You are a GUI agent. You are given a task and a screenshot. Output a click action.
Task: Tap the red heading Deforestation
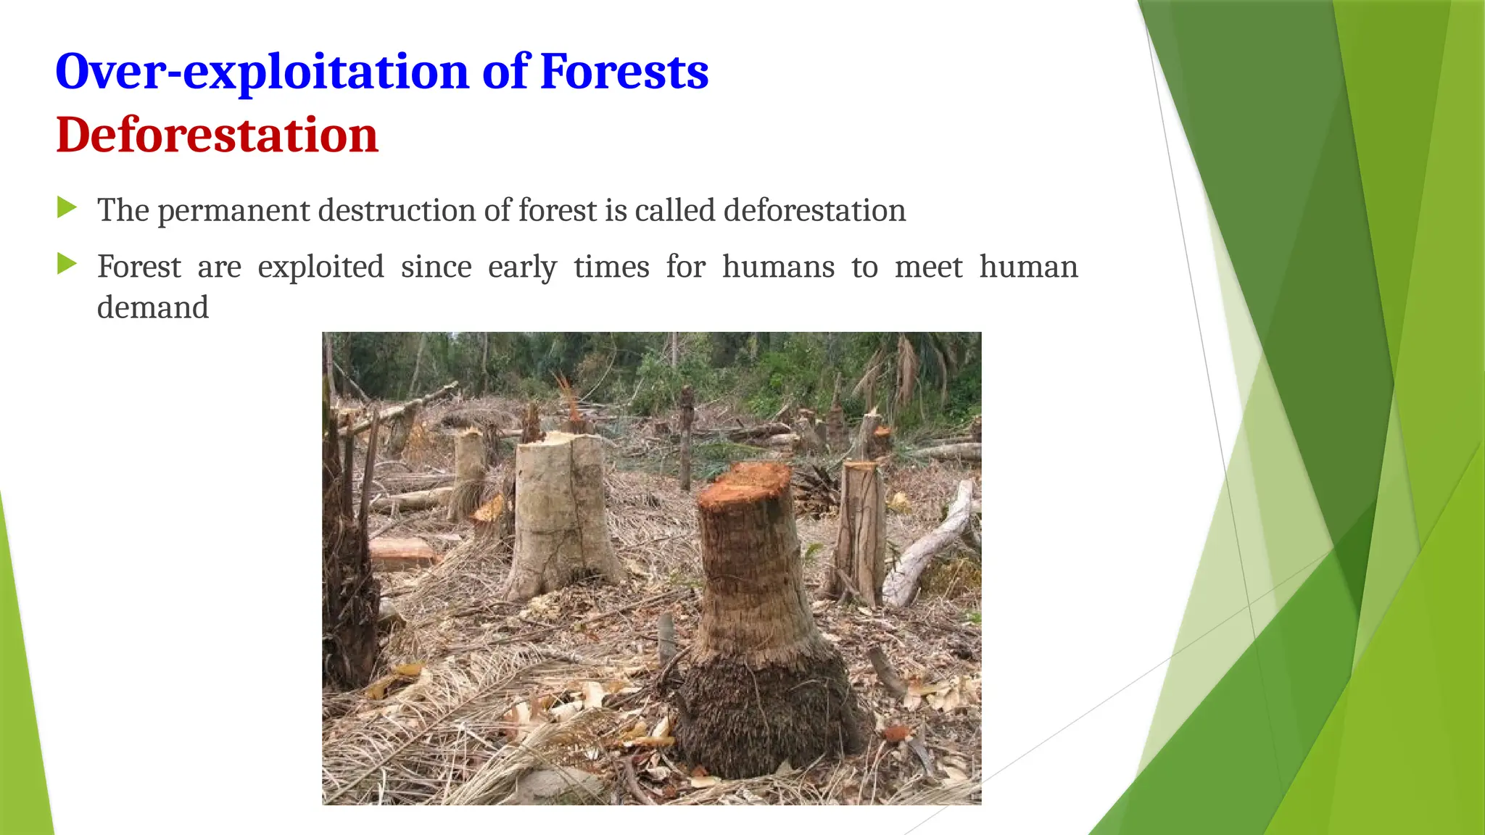tap(217, 136)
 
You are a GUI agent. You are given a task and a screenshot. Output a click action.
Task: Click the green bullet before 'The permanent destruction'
tap(67, 208)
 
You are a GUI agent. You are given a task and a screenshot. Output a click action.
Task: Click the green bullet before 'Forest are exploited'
tap(67, 264)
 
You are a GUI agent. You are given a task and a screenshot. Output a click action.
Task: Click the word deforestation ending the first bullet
tap(814, 210)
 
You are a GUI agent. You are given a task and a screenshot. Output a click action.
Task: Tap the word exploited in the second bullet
tap(320, 267)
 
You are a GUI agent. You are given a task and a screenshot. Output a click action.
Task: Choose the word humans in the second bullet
tap(778, 267)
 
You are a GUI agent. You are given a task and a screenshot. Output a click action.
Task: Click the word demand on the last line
tap(153, 307)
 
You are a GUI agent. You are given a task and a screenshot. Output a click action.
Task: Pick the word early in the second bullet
tap(522, 267)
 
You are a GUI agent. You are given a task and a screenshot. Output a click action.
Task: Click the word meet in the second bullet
tap(928, 267)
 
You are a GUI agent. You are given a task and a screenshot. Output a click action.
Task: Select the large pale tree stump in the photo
tap(561, 515)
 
